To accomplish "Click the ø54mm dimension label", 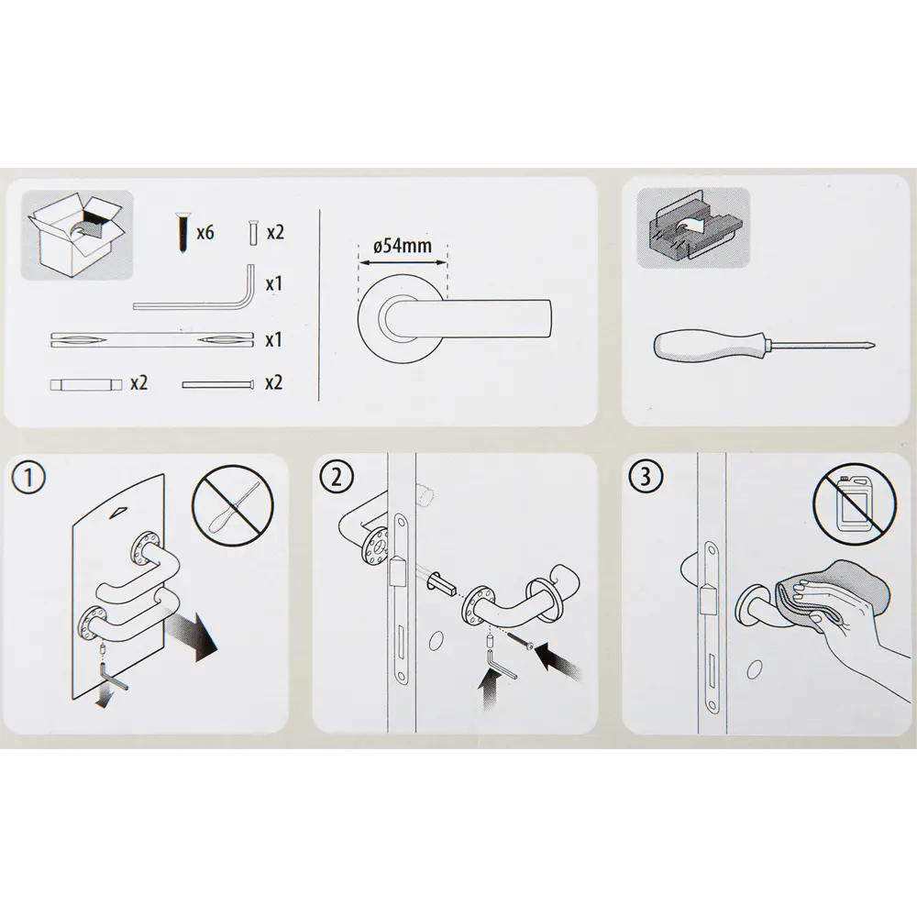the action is (403, 245).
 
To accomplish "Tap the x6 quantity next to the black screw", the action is (205, 233).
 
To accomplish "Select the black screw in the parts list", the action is (182, 233).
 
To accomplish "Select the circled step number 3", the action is (646, 477).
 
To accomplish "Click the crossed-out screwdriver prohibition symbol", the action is (233, 506).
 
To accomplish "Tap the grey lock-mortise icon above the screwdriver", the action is (693, 228).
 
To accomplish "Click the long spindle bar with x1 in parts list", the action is (152, 340).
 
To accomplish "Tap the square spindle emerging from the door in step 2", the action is (443, 583).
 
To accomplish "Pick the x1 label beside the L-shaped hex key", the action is (273, 284).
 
